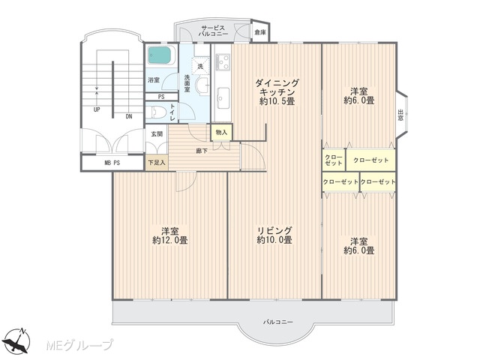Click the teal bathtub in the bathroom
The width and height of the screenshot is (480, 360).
click(x=160, y=55)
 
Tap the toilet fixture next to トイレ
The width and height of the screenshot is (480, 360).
click(x=155, y=112)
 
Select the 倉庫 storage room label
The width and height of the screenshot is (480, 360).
click(x=260, y=31)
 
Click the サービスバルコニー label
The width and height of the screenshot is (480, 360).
click(x=213, y=31)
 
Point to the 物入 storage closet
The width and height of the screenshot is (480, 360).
click(x=221, y=132)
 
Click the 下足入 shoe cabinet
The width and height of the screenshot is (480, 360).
click(x=157, y=162)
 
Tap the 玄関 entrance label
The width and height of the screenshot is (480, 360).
click(x=157, y=134)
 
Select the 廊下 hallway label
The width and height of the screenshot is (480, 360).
click(x=202, y=151)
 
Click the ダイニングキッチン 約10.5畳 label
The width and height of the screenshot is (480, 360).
click(x=277, y=91)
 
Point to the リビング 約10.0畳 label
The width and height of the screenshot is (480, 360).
click(x=274, y=235)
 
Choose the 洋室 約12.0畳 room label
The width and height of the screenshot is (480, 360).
click(x=170, y=235)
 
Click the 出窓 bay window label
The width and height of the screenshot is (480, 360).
click(x=400, y=115)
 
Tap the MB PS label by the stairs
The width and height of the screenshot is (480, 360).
click(x=112, y=163)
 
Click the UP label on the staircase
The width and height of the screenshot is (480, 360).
click(x=97, y=109)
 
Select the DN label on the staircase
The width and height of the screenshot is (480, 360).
click(x=129, y=116)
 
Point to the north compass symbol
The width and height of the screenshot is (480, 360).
click(x=18, y=340)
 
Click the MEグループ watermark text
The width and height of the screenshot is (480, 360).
click(x=79, y=345)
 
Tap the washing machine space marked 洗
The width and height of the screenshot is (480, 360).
click(x=200, y=66)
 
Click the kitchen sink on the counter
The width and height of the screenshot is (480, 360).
click(x=223, y=97)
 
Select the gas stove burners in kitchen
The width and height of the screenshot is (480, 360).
click(x=223, y=62)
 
